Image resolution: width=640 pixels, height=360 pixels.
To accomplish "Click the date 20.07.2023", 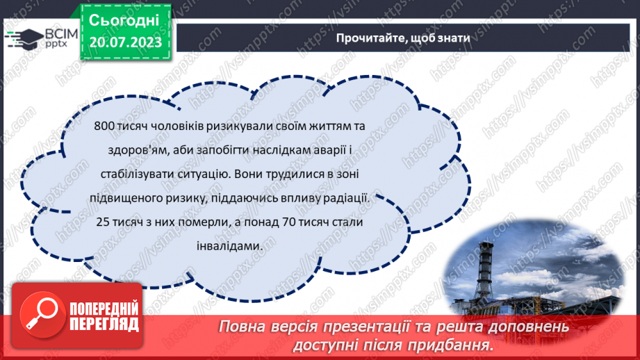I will coord(125,42).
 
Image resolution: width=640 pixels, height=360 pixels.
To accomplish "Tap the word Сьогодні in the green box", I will coord(125,21).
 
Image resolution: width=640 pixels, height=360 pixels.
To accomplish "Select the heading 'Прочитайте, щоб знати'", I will coord(403,38).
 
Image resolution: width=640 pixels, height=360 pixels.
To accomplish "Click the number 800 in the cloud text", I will coord(101,129).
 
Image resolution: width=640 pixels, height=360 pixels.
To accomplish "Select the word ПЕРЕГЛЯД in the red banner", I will coord(104,324).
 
